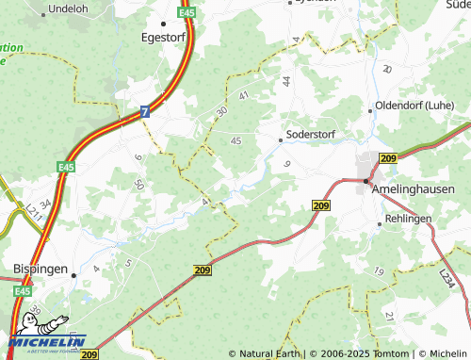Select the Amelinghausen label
click(414, 189)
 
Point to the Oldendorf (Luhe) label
click(415, 106)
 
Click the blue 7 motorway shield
click(145, 111)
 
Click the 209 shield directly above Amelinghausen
click(388, 158)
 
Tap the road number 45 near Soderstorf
click(235, 140)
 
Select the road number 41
click(244, 95)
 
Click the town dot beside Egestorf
click(163, 23)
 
